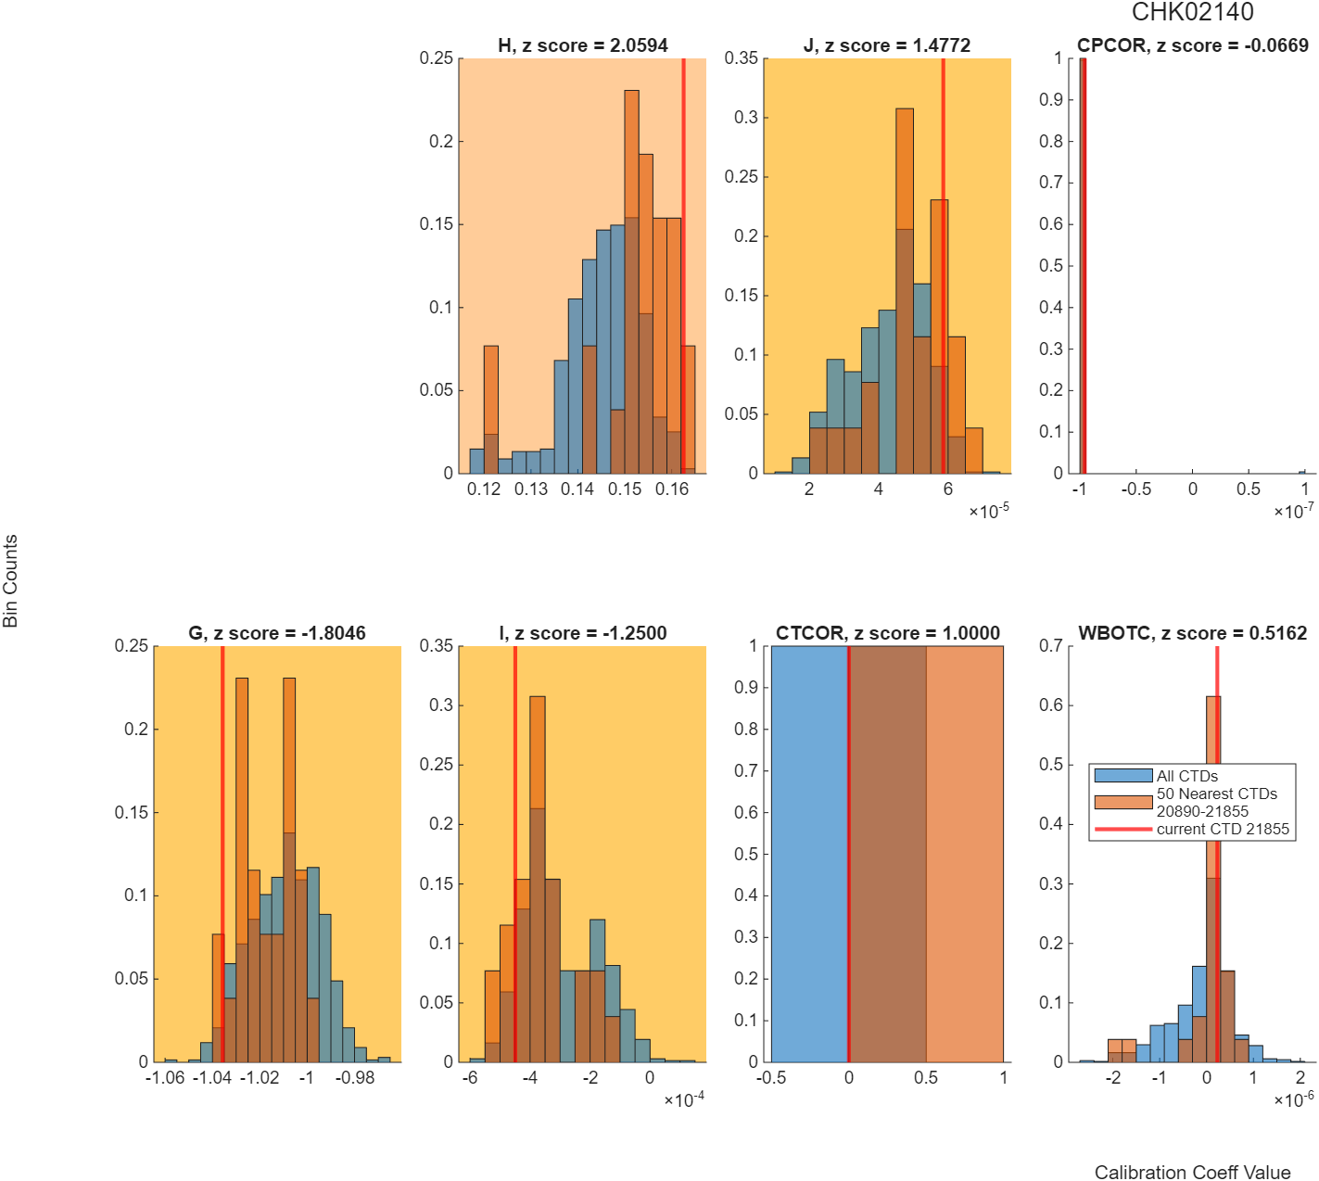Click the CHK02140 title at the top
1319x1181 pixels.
[x=1192, y=12]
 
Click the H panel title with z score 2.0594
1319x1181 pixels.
[x=582, y=45]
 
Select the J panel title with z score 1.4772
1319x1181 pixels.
[x=887, y=45]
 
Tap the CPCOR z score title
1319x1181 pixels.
[x=1192, y=45]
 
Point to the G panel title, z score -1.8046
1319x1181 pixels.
[x=277, y=633]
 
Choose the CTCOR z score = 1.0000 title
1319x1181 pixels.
[x=887, y=633]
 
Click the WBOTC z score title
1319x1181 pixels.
[x=1192, y=633]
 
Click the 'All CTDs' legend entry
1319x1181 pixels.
[x=1186, y=775]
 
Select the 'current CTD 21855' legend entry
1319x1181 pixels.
[x=1222, y=829]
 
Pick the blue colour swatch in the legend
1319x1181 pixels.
[x=1123, y=775]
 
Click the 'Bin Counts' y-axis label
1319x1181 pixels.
[x=10, y=580]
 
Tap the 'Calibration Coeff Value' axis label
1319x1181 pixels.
[x=1192, y=1171]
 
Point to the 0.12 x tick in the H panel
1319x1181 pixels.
[x=484, y=489]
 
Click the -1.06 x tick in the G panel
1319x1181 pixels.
[x=165, y=1077]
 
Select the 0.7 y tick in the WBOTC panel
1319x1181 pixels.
[x=1051, y=646]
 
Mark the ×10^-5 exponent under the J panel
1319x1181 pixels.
[x=989, y=510]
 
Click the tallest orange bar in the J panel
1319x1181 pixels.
[x=905, y=290]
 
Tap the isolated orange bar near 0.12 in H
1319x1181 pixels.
[x=491, y=409]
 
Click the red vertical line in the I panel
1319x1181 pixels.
[x=515, y=854]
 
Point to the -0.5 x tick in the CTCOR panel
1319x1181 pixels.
[x=771, y=1077]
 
